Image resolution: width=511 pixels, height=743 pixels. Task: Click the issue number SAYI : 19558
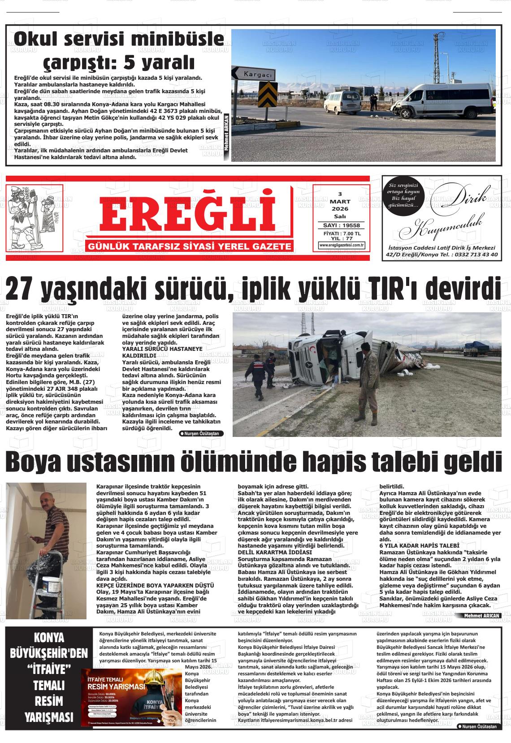pos(342,225)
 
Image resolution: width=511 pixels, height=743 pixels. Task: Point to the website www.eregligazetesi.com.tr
pos(342,245)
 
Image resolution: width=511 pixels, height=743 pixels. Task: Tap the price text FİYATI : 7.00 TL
pos(342,233)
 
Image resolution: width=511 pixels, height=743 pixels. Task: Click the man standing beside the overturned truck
pos(367,381)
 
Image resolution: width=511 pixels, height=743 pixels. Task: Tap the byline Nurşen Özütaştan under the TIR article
pos(201,433)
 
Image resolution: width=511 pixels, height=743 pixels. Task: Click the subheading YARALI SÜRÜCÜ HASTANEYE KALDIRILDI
pos(162,351)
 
